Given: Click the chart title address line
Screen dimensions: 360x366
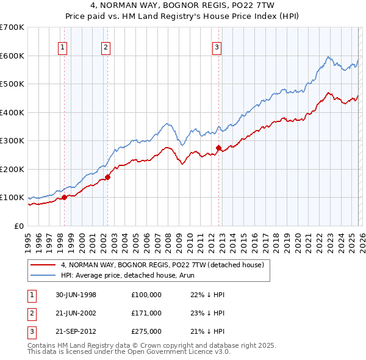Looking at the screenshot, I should point(183,5).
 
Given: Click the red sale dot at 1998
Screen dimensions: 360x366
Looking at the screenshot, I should point(64,197).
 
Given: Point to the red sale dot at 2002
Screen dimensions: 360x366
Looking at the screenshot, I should point(107,177).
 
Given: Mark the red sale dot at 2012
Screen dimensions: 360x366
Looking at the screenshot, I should point(218,148).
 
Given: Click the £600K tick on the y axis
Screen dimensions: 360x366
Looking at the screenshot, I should point(12,56).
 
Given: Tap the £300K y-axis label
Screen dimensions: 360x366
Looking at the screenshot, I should point(12,141).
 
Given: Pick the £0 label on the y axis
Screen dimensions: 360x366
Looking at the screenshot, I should point(18,226).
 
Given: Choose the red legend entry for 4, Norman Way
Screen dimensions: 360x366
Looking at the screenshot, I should point(162,265).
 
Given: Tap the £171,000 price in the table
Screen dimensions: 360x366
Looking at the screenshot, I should point(146,313).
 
